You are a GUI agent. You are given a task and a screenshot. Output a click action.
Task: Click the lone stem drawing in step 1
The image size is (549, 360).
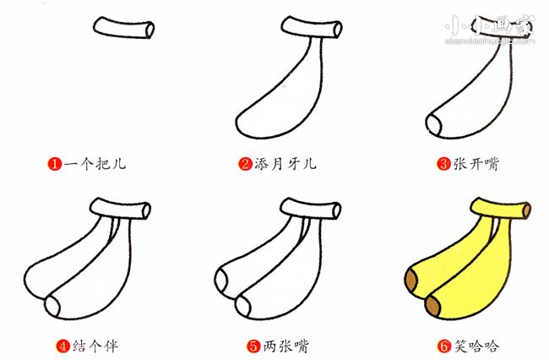[124, 28]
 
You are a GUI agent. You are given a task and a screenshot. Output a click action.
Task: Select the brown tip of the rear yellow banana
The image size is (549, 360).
[414, 280]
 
